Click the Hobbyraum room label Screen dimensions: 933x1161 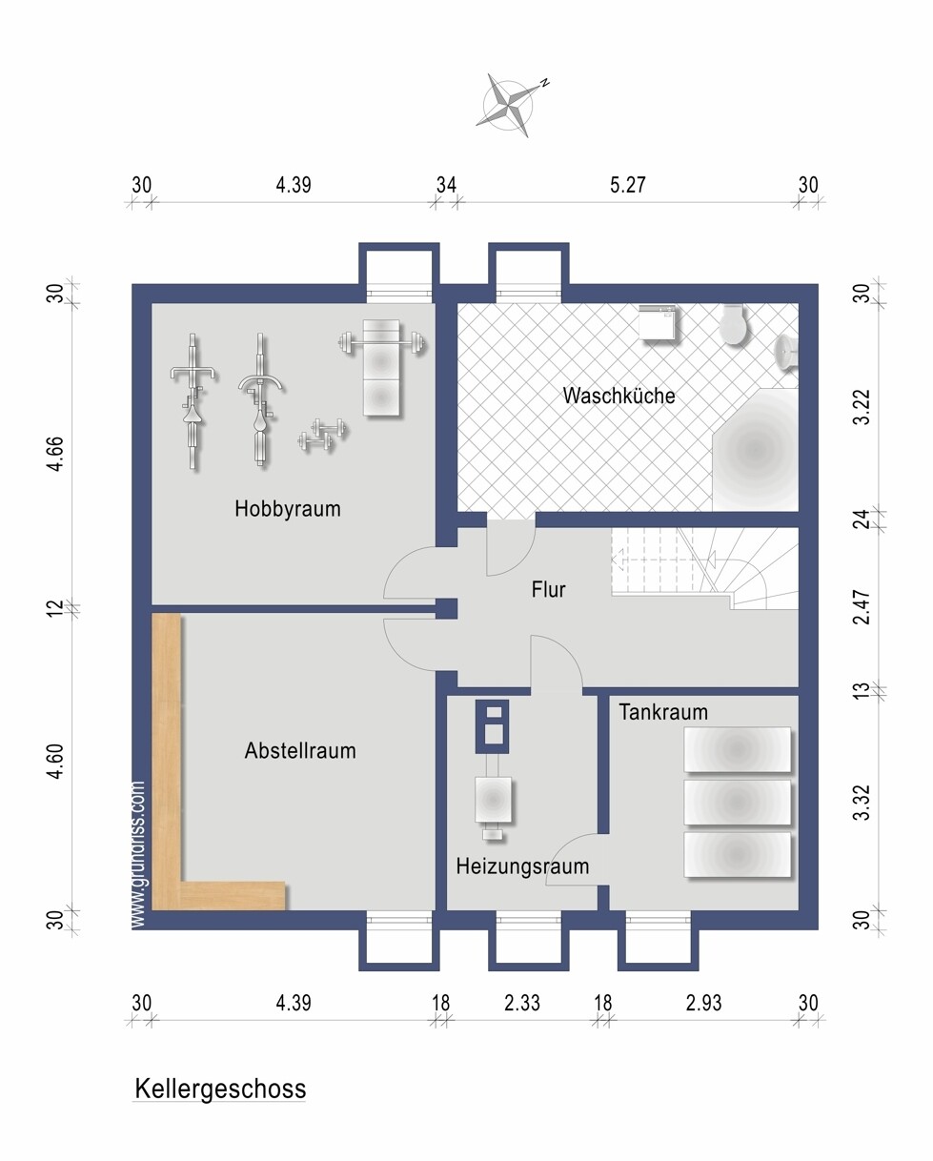point(288,509)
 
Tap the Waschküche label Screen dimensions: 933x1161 point(619,396)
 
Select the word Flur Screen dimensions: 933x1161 point(548,589)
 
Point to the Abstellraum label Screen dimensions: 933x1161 point(300,750)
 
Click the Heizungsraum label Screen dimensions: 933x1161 point(522,866)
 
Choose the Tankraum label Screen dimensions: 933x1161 point(662,712)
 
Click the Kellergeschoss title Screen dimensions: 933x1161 point(220,1089)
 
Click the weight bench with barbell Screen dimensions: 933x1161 point(382,367)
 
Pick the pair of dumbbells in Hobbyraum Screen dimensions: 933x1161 point(322,435)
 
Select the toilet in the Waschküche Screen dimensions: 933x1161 point(734,324)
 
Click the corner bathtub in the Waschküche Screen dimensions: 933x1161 point(756,449)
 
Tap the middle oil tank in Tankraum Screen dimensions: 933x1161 point(738,802)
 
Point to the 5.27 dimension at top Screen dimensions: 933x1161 point(627,185)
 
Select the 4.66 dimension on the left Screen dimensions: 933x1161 point(55,454)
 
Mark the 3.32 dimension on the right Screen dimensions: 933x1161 point(862,803)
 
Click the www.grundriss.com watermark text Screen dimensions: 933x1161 point(138,855)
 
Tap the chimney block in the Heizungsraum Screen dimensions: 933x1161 point(492,726)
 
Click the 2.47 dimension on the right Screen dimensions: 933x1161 point(862,607)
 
